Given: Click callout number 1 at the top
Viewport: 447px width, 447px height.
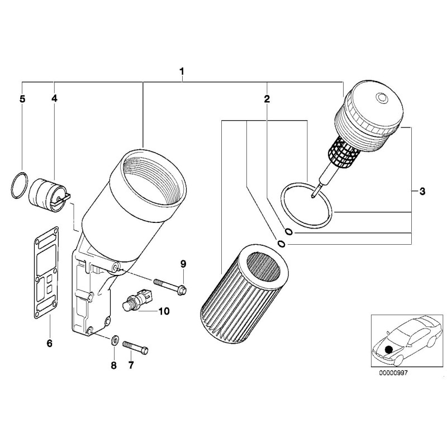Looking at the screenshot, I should pyautogui.click(x=182, y=72).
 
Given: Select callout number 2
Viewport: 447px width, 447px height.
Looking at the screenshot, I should pyautogui.click(x=267, y=99).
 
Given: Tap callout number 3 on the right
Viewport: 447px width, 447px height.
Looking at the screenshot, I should pyautogui.click(x=422, y=192).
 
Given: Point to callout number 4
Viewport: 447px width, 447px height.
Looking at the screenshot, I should pyautogui.click(x=54, y=98).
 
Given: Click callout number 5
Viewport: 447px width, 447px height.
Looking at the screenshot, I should pyautogui.click(x=22, y=99).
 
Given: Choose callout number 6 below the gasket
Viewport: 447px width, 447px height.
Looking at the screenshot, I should pyautogui.click(x=49, y=343).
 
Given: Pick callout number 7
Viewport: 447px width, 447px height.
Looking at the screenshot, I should pyautogui.click(x=131, y=365).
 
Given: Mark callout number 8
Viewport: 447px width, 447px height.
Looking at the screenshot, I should pyautogui.click(x=113, y=365).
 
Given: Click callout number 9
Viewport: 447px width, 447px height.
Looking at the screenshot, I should pyautogui.click(x=182, y=263).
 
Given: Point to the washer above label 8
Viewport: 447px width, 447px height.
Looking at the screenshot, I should pyautogui.click(x=115, y=339).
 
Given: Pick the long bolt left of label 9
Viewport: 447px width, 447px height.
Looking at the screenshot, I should pyautogui.click(x=168, y=284).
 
